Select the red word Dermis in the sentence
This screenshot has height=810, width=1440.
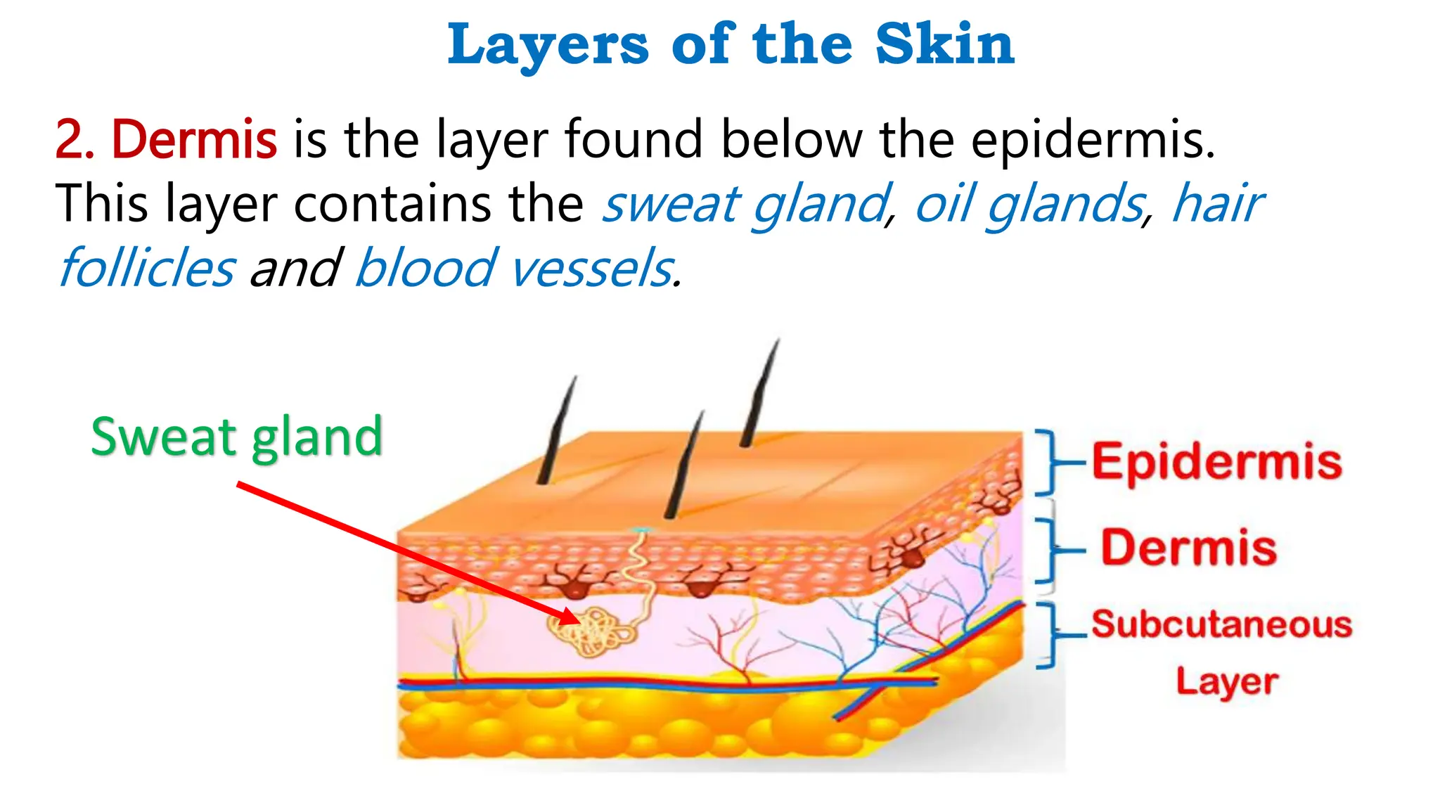[x=194, y=139]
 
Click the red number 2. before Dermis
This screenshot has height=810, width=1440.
[x=75, y=139]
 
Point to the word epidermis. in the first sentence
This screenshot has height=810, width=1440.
[x=1093, y=140]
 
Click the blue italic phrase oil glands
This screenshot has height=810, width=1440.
[x=1031, y=204]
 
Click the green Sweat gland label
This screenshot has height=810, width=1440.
[x=237, y=437]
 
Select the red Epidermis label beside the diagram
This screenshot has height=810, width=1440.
[x=1216, y=462]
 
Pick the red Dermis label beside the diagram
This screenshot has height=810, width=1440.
[x=1188, y=548]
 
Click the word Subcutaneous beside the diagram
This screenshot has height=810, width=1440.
[x=1221, y=624]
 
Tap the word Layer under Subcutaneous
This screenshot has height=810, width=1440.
[x=1227, y=681]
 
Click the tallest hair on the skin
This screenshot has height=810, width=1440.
[x=759, y=394]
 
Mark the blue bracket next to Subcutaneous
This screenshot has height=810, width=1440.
[x=1049, y=633]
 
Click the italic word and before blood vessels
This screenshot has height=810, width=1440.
[x=295, y=268]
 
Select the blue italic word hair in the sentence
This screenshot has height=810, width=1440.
[x=1217, y=204]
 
